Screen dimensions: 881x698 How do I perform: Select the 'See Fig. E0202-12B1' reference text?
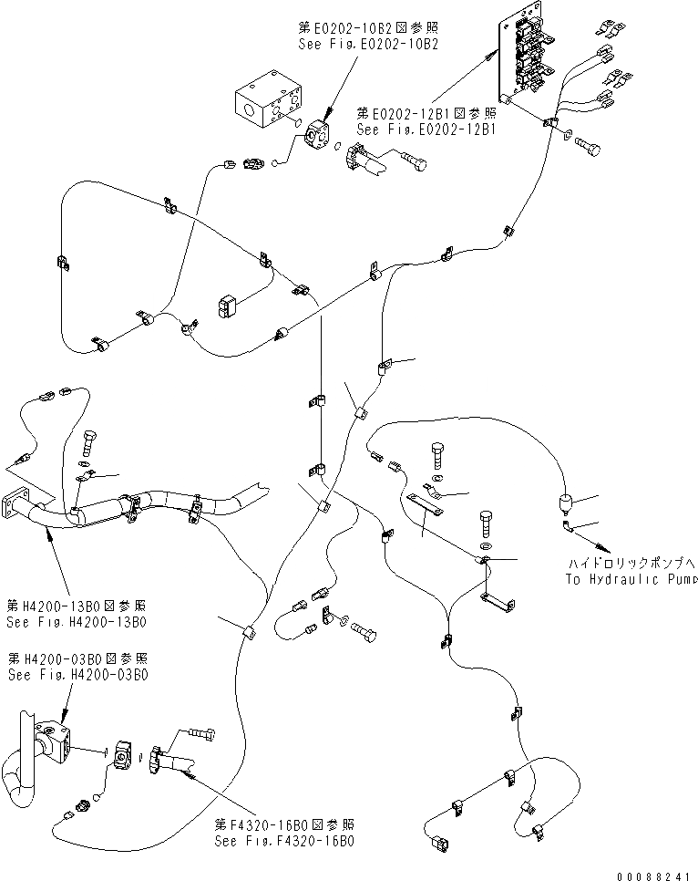(x=426, y=130)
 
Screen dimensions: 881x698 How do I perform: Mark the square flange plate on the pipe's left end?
(x=17, y=505)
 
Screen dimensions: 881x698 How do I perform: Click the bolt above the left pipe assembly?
(x=88, y=444)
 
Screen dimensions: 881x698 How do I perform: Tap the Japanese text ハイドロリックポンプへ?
(x=631, y=564)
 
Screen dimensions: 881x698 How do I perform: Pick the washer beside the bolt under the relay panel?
(x=570, y=138)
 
